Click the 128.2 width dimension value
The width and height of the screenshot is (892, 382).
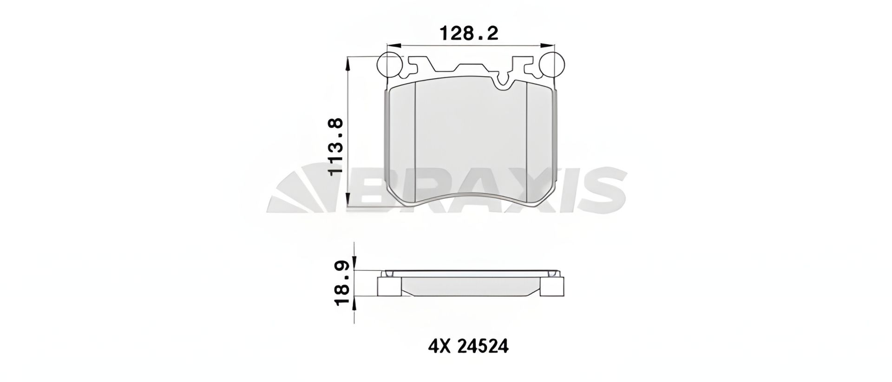[469, 33]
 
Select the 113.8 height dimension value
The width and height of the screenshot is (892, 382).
[335, 146]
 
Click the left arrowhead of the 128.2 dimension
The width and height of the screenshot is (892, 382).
[393, 46]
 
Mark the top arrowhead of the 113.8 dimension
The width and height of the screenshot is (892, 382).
[348, 63]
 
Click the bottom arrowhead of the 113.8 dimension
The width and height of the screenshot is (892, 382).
[348, 200]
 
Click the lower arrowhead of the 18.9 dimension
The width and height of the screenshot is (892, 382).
[355, 303]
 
